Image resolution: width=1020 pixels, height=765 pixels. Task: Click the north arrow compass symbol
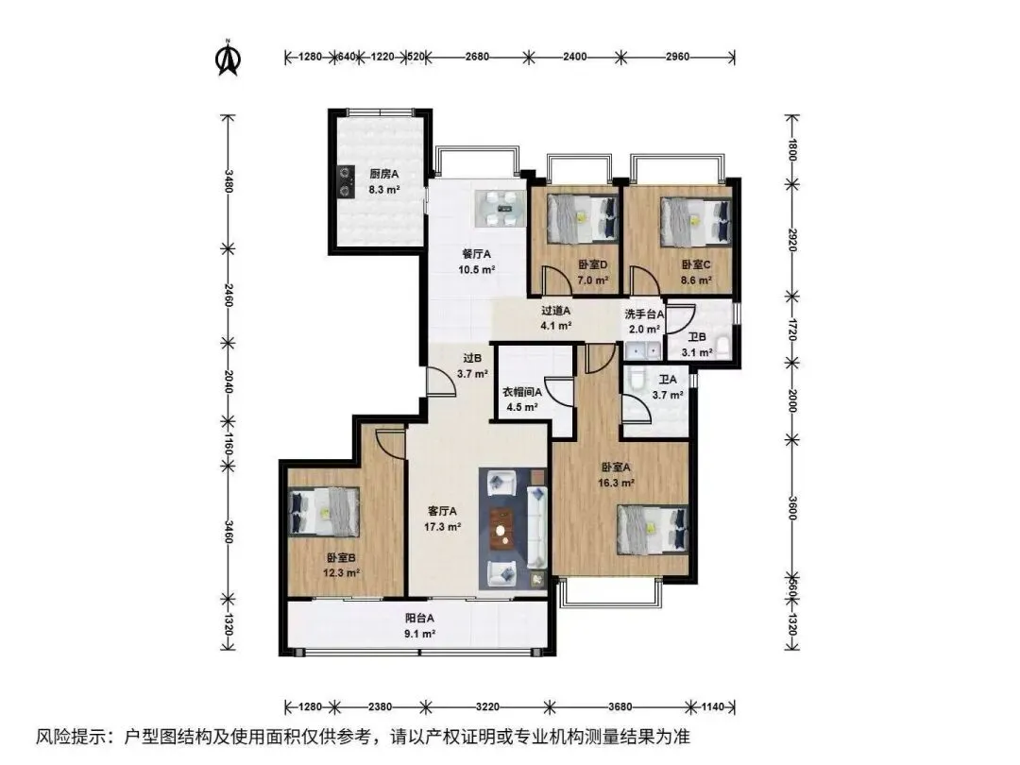point(229,58)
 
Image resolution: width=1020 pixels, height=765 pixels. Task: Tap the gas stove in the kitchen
point(345,182)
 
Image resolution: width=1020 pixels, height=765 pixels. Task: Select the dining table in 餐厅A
point(500,209)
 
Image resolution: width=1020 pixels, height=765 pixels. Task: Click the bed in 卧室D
point(582,219)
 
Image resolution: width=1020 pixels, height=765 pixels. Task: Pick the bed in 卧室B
point(324,511)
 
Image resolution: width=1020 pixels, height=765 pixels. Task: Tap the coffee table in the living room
point(501,526)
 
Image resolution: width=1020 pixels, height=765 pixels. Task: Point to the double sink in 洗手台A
point(643,351)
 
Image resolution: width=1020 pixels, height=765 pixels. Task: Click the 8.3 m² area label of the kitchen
point(383,190)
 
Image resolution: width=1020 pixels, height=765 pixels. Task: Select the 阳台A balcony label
point(419,619)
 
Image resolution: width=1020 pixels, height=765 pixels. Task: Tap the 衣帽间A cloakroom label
point(521,392)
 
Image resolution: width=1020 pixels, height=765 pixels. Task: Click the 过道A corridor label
point(555,311)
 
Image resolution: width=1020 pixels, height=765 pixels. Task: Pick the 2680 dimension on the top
point(477,57)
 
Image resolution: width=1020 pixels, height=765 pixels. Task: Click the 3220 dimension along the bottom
point(487,706)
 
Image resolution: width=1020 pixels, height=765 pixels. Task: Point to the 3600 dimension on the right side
point(791,507)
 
